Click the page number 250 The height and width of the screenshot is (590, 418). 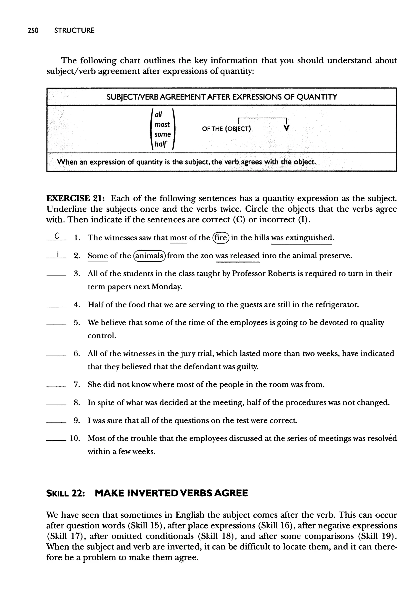(33, 30)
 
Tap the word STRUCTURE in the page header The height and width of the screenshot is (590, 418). (74, 30)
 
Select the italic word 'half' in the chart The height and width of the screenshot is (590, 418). (161, 144)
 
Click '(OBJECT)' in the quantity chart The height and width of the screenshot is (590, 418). (238, 129)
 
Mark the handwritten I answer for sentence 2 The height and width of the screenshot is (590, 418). (58, 254)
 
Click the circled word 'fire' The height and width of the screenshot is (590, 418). (221, 237)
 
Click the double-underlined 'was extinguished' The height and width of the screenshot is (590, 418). (302, 237)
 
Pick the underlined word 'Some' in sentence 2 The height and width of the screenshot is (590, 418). (98, 256)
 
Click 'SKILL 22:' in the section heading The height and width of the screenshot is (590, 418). (65, 493)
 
